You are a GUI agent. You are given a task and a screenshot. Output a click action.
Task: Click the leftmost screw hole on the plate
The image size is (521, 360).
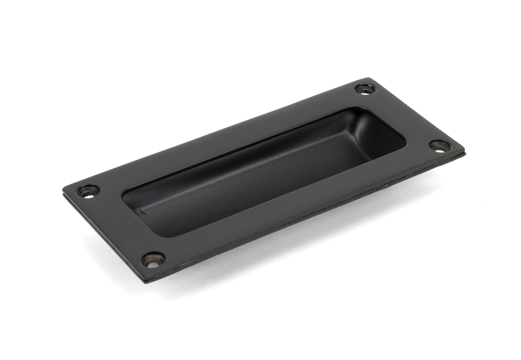(88, 191)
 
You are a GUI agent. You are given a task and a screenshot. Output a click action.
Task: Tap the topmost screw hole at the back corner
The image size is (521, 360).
(365, 89)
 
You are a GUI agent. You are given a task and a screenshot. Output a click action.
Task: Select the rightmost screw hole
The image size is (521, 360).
(439, 146)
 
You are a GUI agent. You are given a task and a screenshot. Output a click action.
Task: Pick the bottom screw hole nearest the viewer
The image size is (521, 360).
(153, 260)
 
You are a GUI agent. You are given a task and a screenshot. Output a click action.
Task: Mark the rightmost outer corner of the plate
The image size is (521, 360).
(463, 151)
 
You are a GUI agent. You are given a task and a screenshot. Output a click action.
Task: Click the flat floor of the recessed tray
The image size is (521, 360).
(257, 189)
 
